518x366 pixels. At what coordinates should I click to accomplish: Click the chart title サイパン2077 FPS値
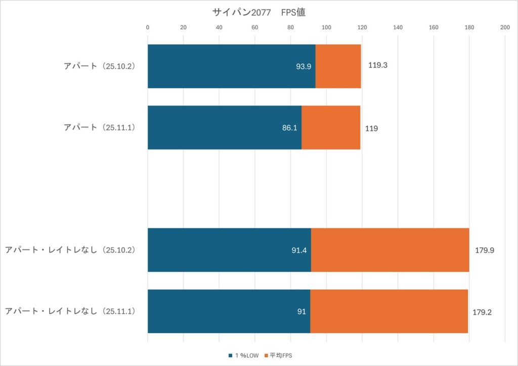[x=258, y=13]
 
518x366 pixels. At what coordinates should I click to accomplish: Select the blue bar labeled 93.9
[x=231, y=66]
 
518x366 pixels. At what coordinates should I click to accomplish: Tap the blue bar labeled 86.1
[x=224, y=128]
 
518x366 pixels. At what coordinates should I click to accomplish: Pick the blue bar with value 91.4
[x=229, y=250]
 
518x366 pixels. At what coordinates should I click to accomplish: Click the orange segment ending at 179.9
[x=390, y=250]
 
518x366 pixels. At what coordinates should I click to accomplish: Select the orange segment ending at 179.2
[x=389, y=311]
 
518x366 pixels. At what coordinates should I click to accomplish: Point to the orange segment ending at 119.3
[x=338, y=66]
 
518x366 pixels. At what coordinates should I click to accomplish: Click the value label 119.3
[x=378, y=65]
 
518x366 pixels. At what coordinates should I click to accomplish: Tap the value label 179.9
[x=485, y=250]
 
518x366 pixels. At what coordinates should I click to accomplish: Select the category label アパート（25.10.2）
[x=100, y=66]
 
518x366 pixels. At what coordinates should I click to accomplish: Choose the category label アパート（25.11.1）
[x=100, y=128]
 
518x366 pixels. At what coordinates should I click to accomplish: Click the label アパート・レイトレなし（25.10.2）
[x=70, y=250]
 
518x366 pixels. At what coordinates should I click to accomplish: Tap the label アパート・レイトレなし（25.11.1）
[x=70, y=311]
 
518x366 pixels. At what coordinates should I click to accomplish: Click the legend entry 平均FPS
[x=280, y=356]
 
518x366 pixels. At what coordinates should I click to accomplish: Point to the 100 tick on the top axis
[x=326, y=27]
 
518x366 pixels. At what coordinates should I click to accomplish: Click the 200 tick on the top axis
[x=504, y=27]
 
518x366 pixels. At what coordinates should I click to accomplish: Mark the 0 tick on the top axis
[x=148, y=27]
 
